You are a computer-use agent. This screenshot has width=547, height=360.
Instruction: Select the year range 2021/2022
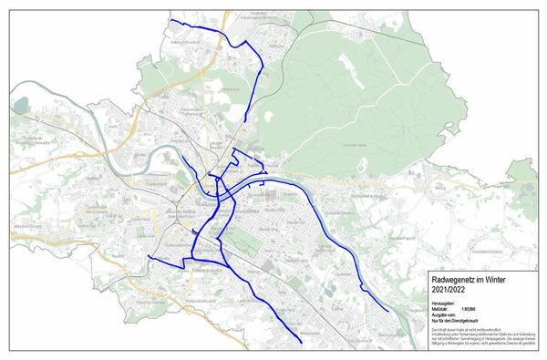click(x=449, y=290)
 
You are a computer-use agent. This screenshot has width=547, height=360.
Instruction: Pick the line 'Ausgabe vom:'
click(x=444, y=315)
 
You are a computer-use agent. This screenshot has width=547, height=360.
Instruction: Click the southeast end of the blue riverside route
click(x=391, y=312)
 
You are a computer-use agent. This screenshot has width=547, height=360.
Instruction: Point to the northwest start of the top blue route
click(x=170, y=20)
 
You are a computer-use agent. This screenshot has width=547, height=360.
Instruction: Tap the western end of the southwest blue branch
click(x=148, y=258)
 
